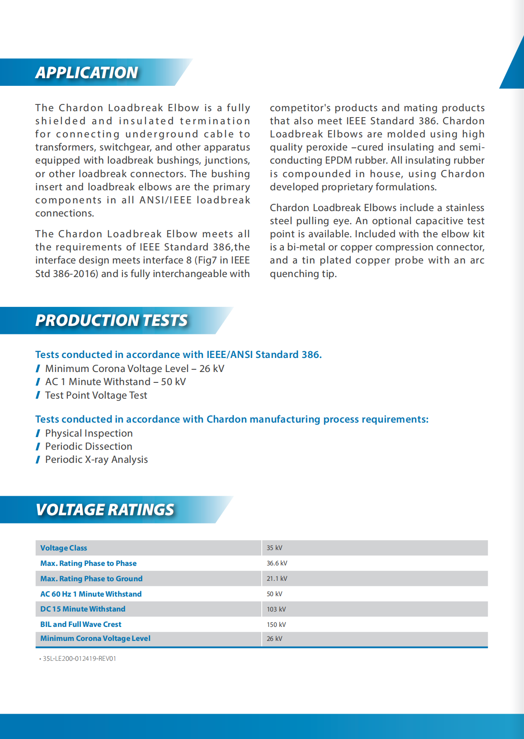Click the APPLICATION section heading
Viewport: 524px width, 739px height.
click(87, 73)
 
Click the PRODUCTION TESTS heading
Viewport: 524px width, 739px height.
click(111, 320)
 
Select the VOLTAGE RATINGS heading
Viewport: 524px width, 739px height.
click(105, 510)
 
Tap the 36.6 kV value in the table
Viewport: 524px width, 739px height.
click(277, 563)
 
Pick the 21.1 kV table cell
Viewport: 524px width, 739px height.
click(277, 579)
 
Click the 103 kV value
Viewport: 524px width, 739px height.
click(276, 609)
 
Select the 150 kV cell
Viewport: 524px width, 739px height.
click(276, 625)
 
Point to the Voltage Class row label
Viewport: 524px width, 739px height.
click(64, 548)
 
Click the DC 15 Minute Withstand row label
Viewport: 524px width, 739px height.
click(83, 609)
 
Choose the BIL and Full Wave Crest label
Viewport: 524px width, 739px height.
click(81, 624)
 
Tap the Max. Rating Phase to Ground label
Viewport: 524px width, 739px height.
click(91, 579)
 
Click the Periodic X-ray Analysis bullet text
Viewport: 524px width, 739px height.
click(96, 460)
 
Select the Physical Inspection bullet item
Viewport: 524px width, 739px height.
click(89, 433)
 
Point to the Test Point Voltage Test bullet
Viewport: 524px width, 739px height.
click(96, 395)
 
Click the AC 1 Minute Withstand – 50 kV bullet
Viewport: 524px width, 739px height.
click(115, 382)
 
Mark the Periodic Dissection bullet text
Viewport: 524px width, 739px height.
click(89, 447)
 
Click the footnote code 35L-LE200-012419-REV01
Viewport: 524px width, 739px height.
click(80, 659)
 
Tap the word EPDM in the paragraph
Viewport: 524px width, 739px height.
click(339, 160)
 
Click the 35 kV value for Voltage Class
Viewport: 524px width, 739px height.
click(274, 548)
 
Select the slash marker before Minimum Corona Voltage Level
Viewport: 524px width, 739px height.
click(38, 369)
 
